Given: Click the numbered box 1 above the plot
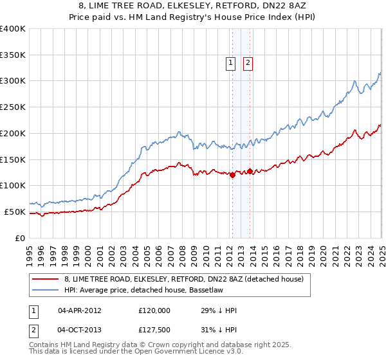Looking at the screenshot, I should pos(230,63).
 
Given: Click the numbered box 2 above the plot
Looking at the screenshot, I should pos(248,63).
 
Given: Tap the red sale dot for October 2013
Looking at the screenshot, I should pos(250,171).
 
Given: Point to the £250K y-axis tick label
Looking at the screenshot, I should pos(12,107).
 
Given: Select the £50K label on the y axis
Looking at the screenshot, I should pos(15,212).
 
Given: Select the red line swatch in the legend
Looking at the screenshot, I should pos(46,280).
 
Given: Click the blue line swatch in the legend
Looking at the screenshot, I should pos(46,290).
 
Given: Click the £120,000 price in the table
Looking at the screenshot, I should pos(154,310).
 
